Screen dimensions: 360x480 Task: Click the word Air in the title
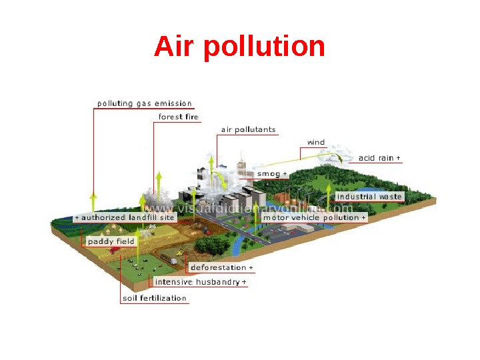(175, 47)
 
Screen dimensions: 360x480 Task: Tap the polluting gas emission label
(145, 104)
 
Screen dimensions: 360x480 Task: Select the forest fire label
(178, 117)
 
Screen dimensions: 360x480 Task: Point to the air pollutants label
(248, 129)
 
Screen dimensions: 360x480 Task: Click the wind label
(315, 142)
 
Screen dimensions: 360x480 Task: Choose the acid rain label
(377, 158)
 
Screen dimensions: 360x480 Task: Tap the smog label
(269, 174)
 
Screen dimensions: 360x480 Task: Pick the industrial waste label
(369, 197)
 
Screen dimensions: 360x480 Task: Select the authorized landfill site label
(127, 218)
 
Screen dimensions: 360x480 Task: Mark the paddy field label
(111, 241)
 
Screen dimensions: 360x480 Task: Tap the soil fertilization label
(155, 298)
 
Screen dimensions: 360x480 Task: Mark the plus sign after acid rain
(399, 158)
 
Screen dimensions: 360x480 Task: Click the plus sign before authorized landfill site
(77, 218)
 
